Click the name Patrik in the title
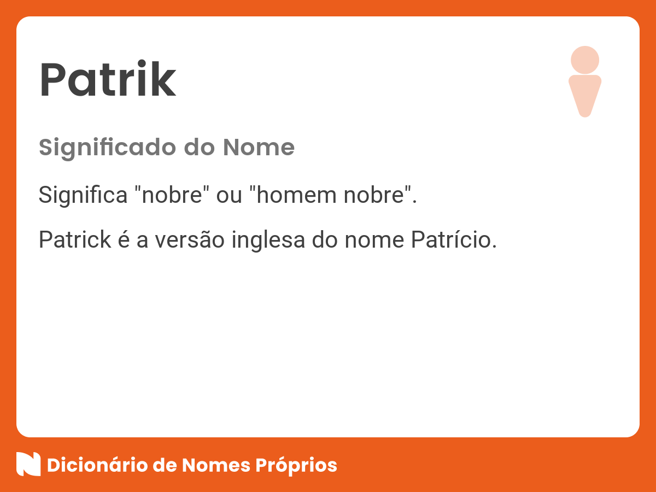pyautogui.click(x=108, y=81)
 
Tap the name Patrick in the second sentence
pyautogui.click(x=75, y=241)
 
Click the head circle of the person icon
pyautogui.click(x=585, y=60)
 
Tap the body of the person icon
pyautogui.click(x=585, y=93)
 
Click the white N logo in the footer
pyautogui.click(x=28, y=464)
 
